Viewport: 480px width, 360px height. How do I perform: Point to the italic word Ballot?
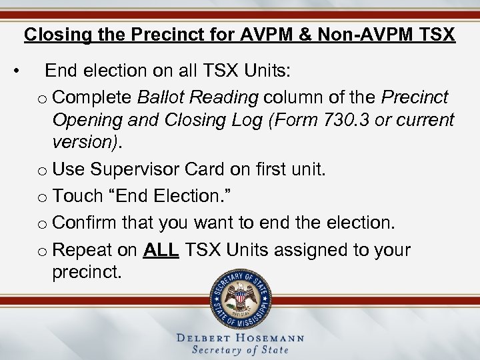click(x=159, y=97)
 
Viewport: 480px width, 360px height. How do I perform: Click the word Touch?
click(x=74, y=196)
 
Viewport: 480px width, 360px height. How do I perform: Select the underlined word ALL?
click(x=161, y=250)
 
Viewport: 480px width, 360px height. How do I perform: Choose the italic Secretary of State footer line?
click(x=240, y=350)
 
